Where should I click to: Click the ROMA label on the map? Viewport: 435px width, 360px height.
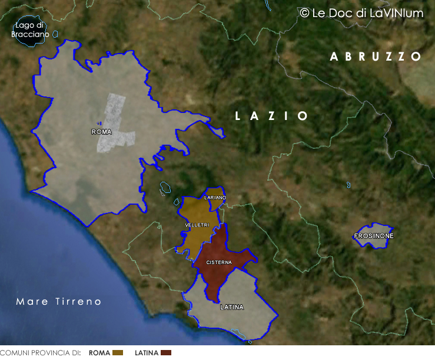101,132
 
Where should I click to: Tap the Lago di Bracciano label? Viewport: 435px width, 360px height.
29,30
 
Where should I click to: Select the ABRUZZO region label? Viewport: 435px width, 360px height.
376,56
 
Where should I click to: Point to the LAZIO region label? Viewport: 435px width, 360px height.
272,116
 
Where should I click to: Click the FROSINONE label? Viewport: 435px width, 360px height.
374,236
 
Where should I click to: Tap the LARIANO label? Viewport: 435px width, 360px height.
215,198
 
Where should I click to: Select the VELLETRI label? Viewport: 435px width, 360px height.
197,225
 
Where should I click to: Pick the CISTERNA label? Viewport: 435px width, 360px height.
219,262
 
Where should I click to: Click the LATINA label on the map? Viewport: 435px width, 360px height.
231,307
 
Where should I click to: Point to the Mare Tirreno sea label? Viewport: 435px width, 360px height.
59,302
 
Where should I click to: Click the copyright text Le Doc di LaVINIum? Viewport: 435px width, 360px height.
361,13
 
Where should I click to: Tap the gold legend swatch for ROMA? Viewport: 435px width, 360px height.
118,352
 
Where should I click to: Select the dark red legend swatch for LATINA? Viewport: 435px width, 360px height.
166,352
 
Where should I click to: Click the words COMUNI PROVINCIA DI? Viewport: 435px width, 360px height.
40,353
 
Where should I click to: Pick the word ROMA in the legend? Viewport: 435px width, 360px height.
99,353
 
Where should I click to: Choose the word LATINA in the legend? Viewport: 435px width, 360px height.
147,353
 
